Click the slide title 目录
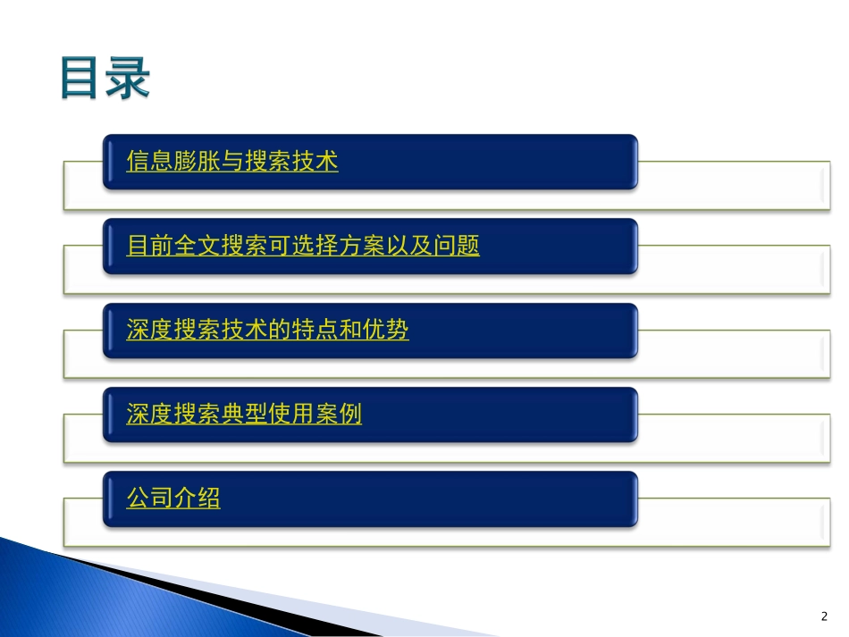pyautogui.click(x=105, y=79)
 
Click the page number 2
pyautogui.click(x=823, y=616)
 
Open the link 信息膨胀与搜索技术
pyautogui.click(x=232, y=163)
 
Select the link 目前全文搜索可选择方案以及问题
pyautogui.click(x=303, y=247)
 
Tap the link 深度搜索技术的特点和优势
pyautogui.click(x=268, y=331)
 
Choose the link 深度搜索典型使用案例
pyautogui.click(x=244, y=415)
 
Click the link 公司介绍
pyautogui.click(x=173, y=499)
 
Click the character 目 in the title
pyautogui.click(x=81, y=79)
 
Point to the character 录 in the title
pyautogui.click(x=127, y=79)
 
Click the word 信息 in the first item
pyautogui.click(x=150, y=163)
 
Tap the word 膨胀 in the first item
pyautogui.click(x=197, y=163)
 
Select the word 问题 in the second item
pyautogui.click(x=457, y=247)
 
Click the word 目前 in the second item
pyautogui.click(x=150, y=247)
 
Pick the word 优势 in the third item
pyautogui.click(x=386, y=331)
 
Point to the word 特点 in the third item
pyautogui.click(x=315, y=331)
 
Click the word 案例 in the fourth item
pyautogui.click(x=339, y=415)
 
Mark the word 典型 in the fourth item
pyautogui.click(x=244, y=415)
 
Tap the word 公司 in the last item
pyautogui.click(x=150, y=499)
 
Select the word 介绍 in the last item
pyautogui.click(x=197, y=499)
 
